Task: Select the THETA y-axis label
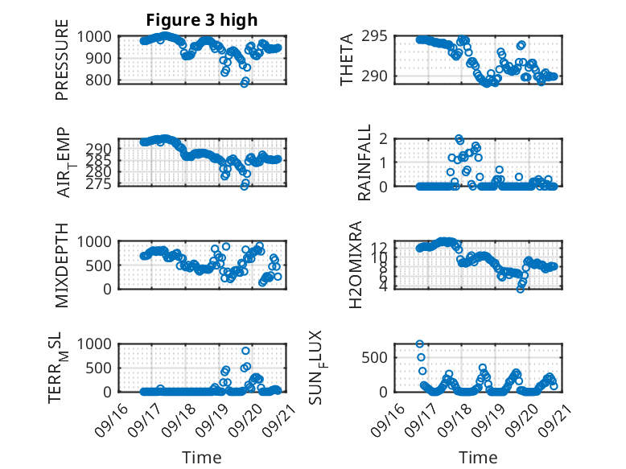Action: pyautogui.click(x=347, y=59)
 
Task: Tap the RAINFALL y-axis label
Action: pyautogui.click(x=364, y=163)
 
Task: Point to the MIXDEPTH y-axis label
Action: pyautogui.click(x=62, y=265)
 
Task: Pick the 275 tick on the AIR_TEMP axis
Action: pyautogui.click(x=101, y=183)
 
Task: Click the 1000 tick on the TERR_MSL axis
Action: pyautogui.click(x=97, y=344)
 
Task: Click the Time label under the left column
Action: pyautogui.click(x=202, y=457)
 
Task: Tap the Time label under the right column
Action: pyautogui.click(x=478, y=457)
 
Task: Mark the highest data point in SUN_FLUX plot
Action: pyautogui.click(x=420, y=344)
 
